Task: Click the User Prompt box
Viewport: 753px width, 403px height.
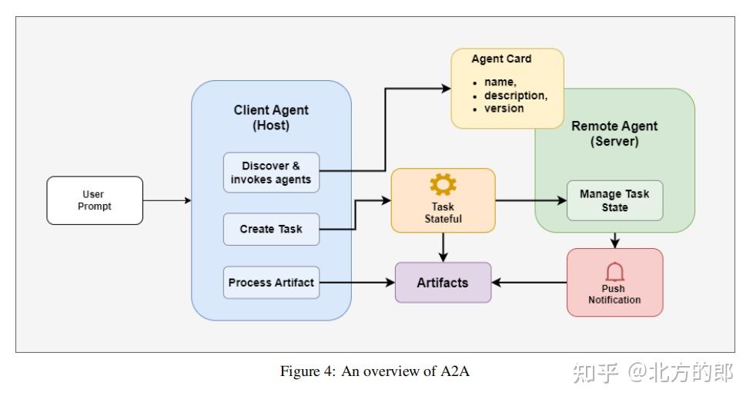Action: click(95, 200)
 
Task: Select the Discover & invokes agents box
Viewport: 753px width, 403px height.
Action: click(271, 173)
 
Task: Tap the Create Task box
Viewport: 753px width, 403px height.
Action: click(271, 229)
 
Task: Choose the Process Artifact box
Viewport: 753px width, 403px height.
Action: click(271, 283)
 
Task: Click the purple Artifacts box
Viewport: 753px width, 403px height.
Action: click(443, 283)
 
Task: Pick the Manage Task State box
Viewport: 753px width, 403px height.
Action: click(614, 200)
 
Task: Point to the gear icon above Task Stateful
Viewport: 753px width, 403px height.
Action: click(443, 184)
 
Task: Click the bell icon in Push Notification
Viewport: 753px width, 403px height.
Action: click(614, 271)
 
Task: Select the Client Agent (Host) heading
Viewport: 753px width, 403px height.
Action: click(271, 118)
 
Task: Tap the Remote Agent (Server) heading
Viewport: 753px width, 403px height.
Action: click(614, 134)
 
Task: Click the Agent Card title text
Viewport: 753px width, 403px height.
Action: click(501, 59)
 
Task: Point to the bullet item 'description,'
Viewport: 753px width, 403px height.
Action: click(515, 96)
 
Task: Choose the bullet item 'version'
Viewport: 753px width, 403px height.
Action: click(504, 109)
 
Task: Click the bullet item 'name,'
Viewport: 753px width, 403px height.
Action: click(500, 82)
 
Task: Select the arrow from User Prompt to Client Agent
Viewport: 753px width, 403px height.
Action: click(167, 200)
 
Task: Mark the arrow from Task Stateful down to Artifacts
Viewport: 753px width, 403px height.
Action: click(443, 247)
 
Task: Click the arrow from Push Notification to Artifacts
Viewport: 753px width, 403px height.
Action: click(529, 283)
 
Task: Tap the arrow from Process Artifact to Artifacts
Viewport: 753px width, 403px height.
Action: click(357, 283)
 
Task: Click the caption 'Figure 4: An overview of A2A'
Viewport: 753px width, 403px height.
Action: click(375, 371)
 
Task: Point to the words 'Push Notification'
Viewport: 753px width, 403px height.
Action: click(614, 294)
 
